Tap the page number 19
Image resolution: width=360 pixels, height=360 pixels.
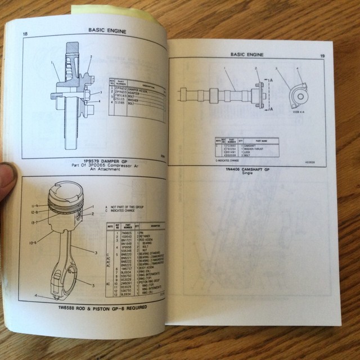click(x=322, y=56)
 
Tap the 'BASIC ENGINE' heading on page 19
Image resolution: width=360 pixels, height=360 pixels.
click(x=246, y=54)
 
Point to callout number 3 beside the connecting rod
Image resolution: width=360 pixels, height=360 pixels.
click(x=96, y=253)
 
